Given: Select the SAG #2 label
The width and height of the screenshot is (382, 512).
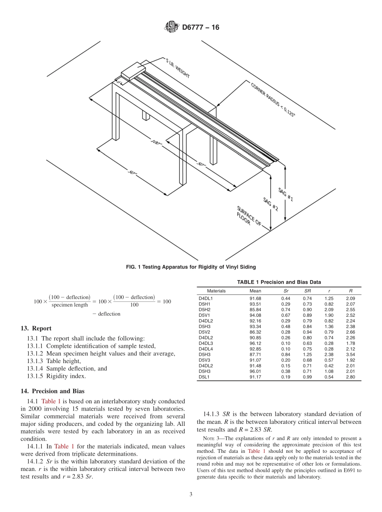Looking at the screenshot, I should point(271,204).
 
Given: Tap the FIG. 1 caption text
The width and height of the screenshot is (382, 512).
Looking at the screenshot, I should point(191,266).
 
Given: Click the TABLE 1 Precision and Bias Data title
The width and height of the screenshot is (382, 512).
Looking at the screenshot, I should point(279,282).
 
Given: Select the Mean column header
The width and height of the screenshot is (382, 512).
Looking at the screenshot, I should point(255,291).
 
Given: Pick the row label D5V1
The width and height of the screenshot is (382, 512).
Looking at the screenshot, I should point(204,315).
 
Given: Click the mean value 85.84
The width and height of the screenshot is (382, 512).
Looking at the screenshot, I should point(255,310).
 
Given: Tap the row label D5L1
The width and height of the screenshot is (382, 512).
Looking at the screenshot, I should point(204,377).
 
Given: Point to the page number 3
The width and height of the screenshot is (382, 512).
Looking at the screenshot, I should point(191,495).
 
